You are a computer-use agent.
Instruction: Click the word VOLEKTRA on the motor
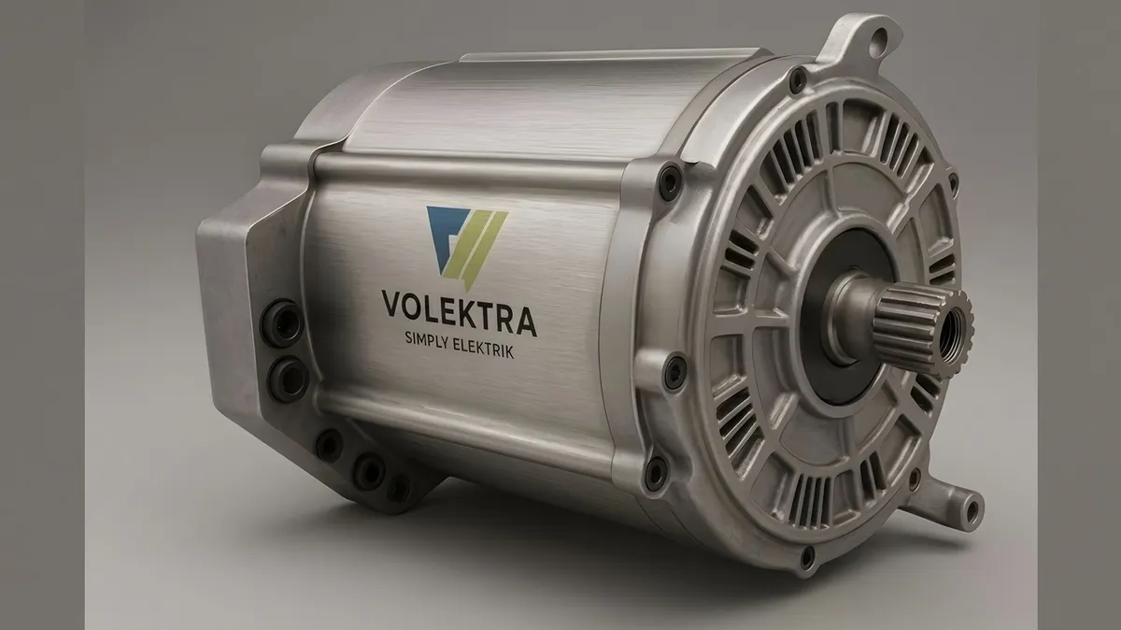tap(460, 312)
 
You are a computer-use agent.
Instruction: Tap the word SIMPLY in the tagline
tap(429, 343)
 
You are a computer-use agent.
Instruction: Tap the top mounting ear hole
tap(878, 39)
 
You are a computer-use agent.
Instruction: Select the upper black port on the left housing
tap(282, 322)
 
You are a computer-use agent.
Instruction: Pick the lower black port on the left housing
tap(289, 379)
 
